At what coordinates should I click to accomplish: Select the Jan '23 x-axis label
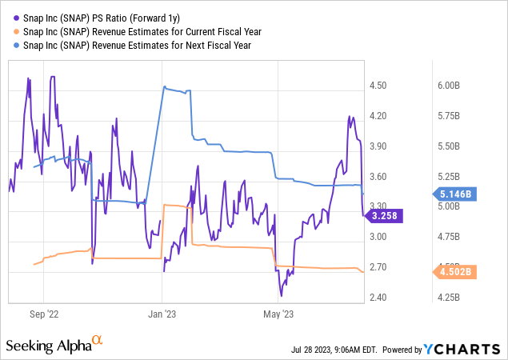[162, 314]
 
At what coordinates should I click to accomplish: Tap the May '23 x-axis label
[278, 314]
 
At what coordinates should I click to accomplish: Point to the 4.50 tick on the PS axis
[378, 86]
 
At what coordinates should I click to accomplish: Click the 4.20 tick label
[378, 116]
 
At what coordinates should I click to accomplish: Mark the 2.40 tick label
[378, 298]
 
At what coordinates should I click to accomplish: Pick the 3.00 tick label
[378, 237]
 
